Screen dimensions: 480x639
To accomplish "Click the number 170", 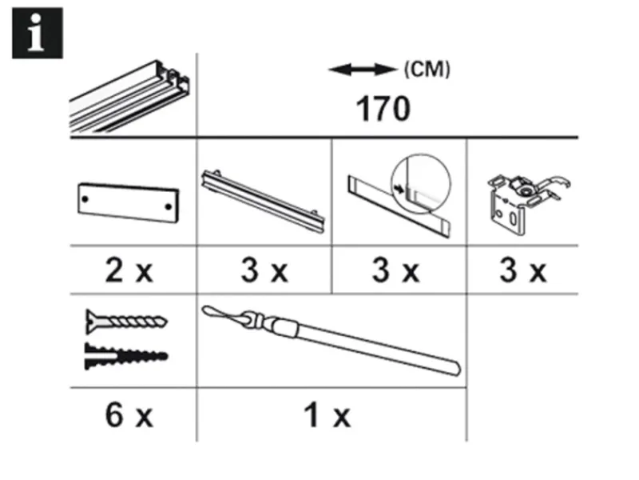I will [x=382, y=108].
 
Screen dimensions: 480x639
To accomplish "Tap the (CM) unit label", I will [x=427, y=70].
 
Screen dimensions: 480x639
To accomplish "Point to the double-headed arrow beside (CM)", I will [x=363, y=70].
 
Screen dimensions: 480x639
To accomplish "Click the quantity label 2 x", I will [x=128, y=271].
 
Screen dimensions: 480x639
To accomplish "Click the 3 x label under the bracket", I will [x=522, y=271].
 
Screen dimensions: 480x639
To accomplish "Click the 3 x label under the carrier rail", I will [x=264, y=271].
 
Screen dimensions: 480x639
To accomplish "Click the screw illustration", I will [x=126, y=323].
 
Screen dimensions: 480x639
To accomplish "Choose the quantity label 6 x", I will [x=128, y=415].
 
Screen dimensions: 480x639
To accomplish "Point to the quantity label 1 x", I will [x=327, y=415].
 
